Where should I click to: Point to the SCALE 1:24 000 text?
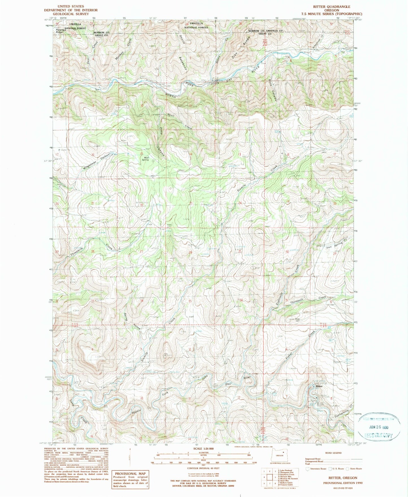(203, 448)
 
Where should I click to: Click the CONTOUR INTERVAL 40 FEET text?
(203, 468)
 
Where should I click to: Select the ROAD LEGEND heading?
(333, 453)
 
